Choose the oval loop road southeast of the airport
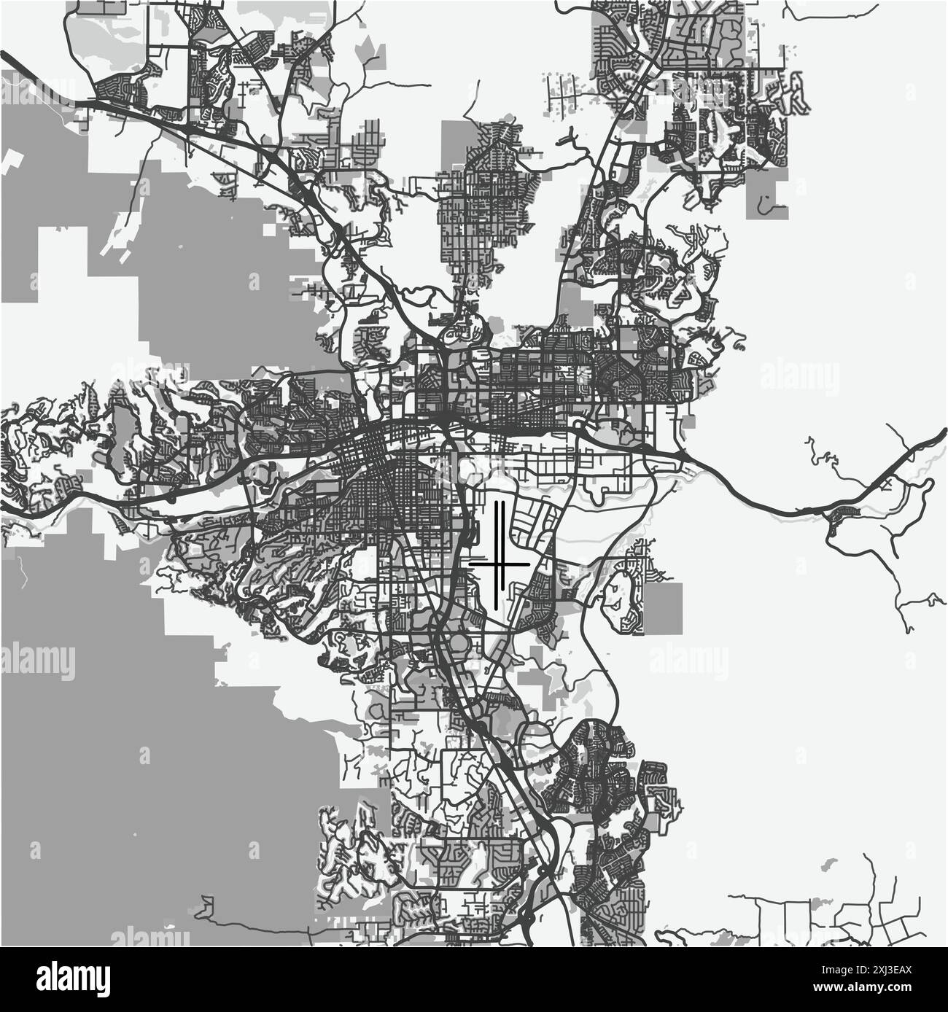621,591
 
